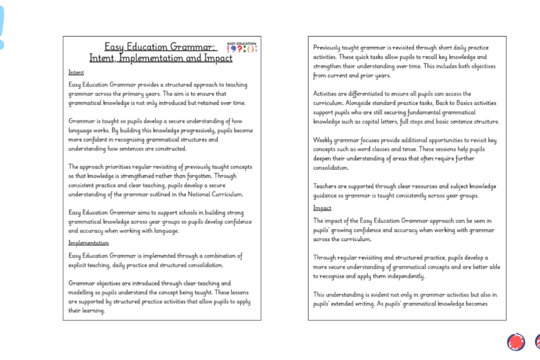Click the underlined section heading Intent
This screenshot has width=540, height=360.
pyautogui.click(x=76, y=73)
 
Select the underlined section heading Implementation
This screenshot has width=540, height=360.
pyautogui.click(x=88, y=243)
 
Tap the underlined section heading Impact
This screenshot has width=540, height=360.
pyautogui.click(x=322, y=208)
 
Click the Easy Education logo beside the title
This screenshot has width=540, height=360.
pyautogui.click(x=242, y=48)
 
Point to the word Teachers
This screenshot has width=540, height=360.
pyautogui.click(x=326, y=186)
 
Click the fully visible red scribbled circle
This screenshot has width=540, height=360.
pyautogui.click(x=516, y=342)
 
